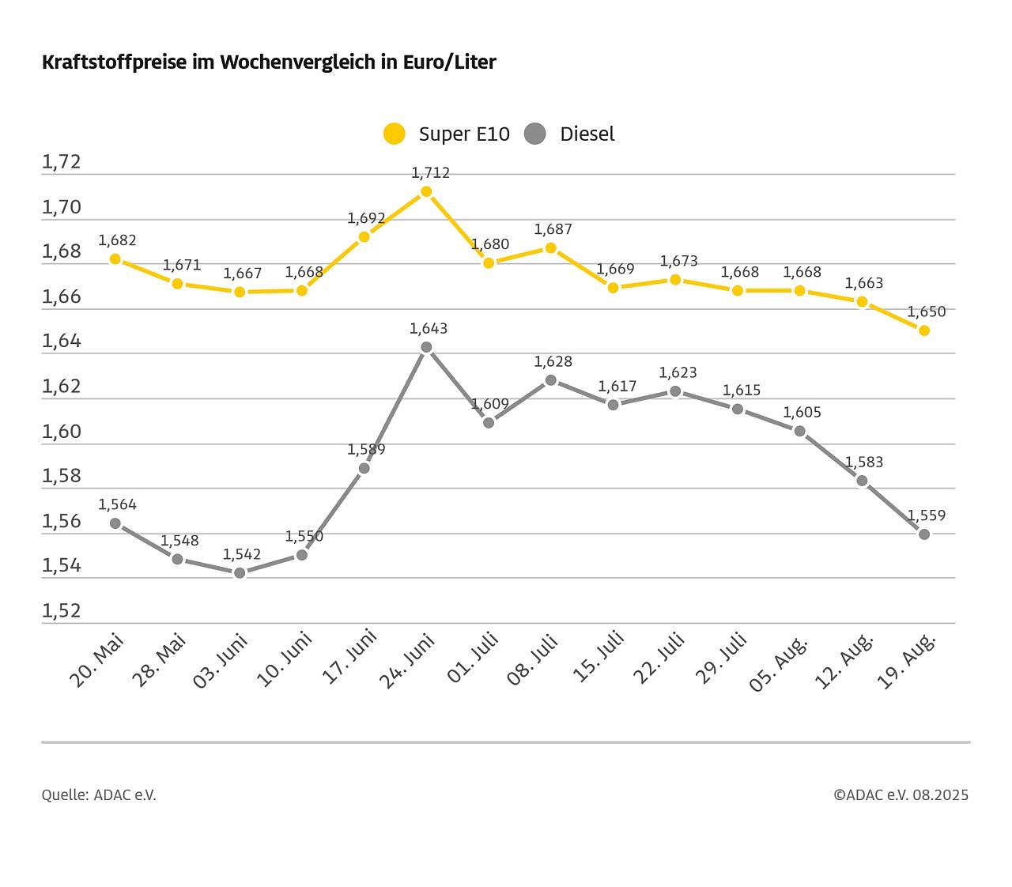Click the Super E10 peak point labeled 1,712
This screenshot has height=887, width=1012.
(426, 191)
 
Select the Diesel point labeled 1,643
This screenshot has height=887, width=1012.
(426, 347)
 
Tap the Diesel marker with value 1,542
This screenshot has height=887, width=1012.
(240, 573)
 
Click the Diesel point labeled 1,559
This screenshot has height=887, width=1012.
(924, 534)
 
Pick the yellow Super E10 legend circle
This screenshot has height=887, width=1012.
(394, 134)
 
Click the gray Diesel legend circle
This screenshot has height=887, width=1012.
(535, 134)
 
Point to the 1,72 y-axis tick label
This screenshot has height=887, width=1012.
(62, 162)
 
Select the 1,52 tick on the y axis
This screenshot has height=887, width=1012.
(62, 610)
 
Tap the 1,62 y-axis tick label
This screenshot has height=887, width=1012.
(62, 386)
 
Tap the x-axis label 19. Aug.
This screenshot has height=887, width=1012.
(908, 660)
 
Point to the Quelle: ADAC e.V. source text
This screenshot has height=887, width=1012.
(99, 795)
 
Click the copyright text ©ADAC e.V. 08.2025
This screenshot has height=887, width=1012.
(901, 795)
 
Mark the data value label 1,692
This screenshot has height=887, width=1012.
(366, 218)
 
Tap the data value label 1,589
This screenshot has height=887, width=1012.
(366, 450)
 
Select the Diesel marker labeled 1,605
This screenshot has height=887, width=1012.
(800, 432)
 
